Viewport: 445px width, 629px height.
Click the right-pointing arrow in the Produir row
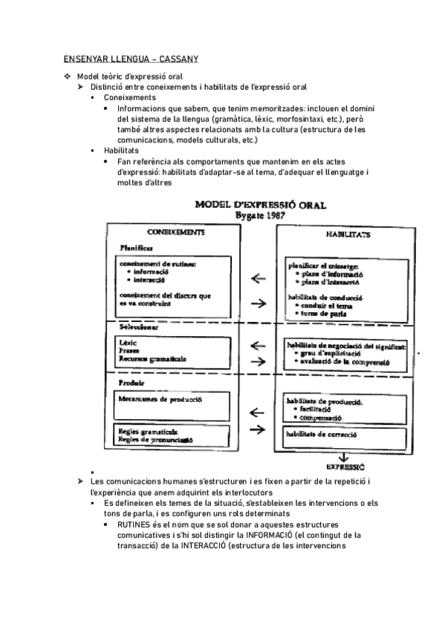click(259, 429)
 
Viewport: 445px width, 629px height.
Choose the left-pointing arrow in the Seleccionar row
click(259, 345)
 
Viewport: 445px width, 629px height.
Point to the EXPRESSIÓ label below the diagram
click(345, 467)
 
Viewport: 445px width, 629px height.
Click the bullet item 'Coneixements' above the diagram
click(130, 97)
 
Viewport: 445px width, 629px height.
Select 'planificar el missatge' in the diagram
click(323, 265)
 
